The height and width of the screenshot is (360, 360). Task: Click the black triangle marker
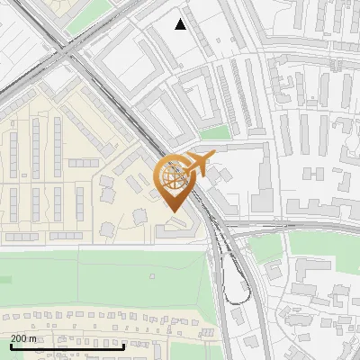[181, 24]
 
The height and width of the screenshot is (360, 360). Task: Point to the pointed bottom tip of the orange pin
[174, 212]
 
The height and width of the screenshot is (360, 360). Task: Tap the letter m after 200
[33, 338]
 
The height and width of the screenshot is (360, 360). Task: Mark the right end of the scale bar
[124, 346]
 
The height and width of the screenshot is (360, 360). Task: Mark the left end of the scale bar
[11, 346]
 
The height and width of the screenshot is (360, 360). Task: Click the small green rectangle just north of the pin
[213, 132]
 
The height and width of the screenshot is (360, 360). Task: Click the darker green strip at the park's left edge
[4, 280]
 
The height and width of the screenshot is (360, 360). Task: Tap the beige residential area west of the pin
[54, 180]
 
